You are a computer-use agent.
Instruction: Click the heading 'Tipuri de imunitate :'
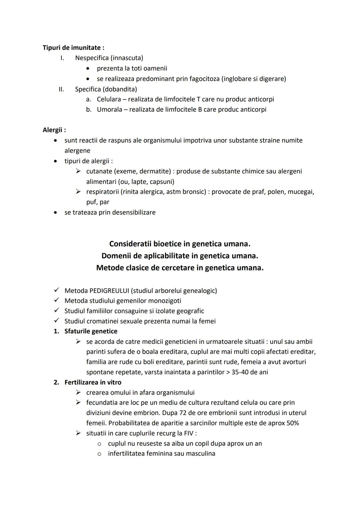[73, 48]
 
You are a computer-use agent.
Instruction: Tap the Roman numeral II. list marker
[61, 89]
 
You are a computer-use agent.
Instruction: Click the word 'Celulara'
[109, 99]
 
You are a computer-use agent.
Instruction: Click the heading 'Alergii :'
[54, 130]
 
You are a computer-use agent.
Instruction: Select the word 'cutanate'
[99, 171]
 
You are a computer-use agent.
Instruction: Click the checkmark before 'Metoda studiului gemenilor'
[57, 301]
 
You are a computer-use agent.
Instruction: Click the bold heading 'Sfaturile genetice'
[91, 331]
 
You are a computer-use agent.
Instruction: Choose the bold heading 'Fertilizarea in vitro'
[93, 382]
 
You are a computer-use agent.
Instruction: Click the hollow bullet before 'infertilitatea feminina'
[99, 454]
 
